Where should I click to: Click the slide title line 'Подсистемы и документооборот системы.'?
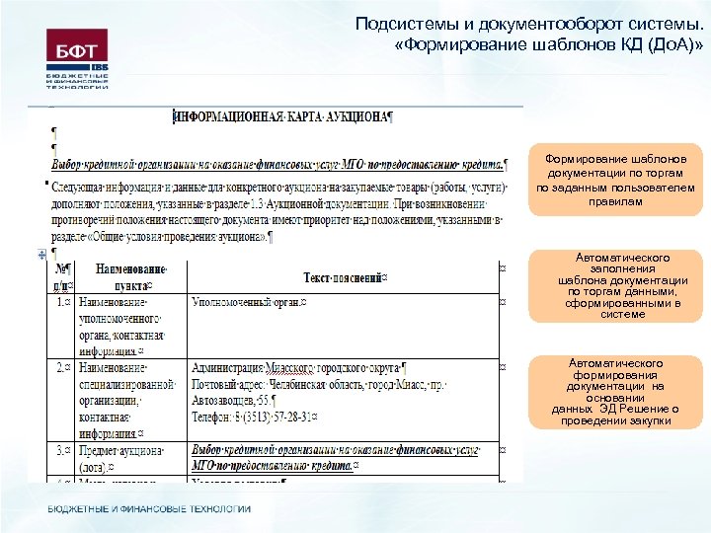point(530,26)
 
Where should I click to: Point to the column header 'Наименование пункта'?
point(130,274)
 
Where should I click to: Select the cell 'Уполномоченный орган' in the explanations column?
point(248,302)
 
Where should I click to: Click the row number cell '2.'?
point(62,366)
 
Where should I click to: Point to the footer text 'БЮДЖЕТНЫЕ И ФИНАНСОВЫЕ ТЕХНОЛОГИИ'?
point(149,509)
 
